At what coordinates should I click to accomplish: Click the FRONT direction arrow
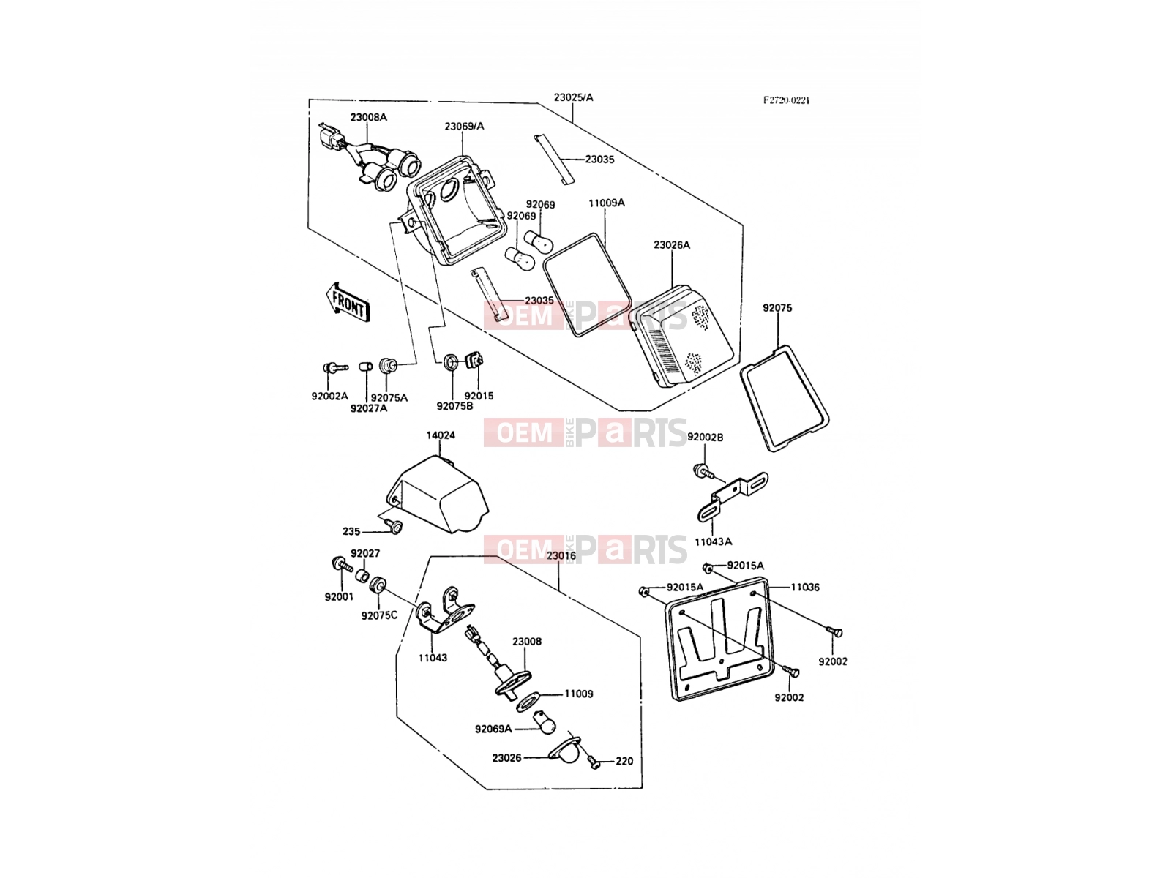pos(348,301)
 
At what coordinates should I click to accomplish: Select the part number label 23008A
pos(369,117)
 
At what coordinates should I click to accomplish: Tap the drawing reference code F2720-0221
pos(786,100)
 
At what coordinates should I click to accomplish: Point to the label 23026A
pos(672,244)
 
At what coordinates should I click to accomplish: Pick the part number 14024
pos(441,435)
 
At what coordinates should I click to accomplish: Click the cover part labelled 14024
pos(438,494)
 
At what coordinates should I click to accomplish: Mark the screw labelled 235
pos(395,527)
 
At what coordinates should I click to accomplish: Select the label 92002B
pos(706,437)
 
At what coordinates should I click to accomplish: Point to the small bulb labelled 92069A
pos(545,722)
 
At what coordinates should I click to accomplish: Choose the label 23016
pos(561,555)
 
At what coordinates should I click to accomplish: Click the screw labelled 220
pos(592,761)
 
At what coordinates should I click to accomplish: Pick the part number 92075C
pos(379,615)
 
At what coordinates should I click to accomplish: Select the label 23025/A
pos(574,97)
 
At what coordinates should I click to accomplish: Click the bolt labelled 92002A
pos(335,367)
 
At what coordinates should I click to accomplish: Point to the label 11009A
pos(607,203)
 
